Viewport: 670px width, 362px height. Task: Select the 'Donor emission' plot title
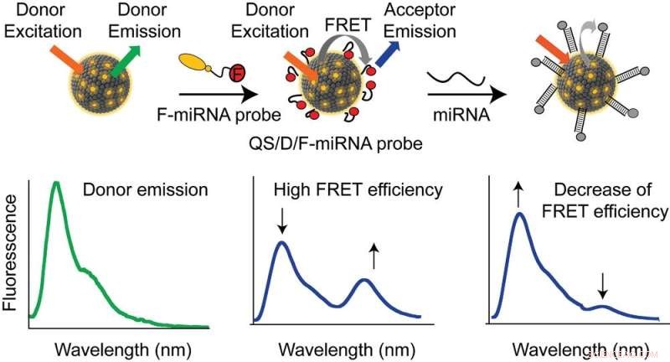pyautogui.click(x=145, y=190)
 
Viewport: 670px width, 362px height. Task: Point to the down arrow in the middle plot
pyautogui.click(x=282, y=221)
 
